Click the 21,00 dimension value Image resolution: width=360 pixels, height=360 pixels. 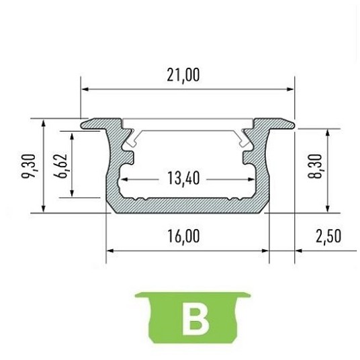coord(183,75)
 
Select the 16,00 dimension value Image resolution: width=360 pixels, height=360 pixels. coord(183,236)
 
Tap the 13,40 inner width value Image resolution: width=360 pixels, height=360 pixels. coord(183,178)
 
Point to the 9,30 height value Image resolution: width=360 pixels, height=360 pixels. coord(29,166)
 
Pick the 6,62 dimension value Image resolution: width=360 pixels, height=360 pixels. coord(60,165)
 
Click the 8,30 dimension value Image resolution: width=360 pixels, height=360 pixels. coord(315,166)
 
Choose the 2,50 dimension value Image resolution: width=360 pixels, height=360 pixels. coord(328,236)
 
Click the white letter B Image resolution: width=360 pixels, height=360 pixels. coord(195,318)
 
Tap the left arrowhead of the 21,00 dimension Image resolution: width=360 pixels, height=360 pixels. coord(85,89)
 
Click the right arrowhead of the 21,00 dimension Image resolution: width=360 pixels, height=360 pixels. coord(290,89)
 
